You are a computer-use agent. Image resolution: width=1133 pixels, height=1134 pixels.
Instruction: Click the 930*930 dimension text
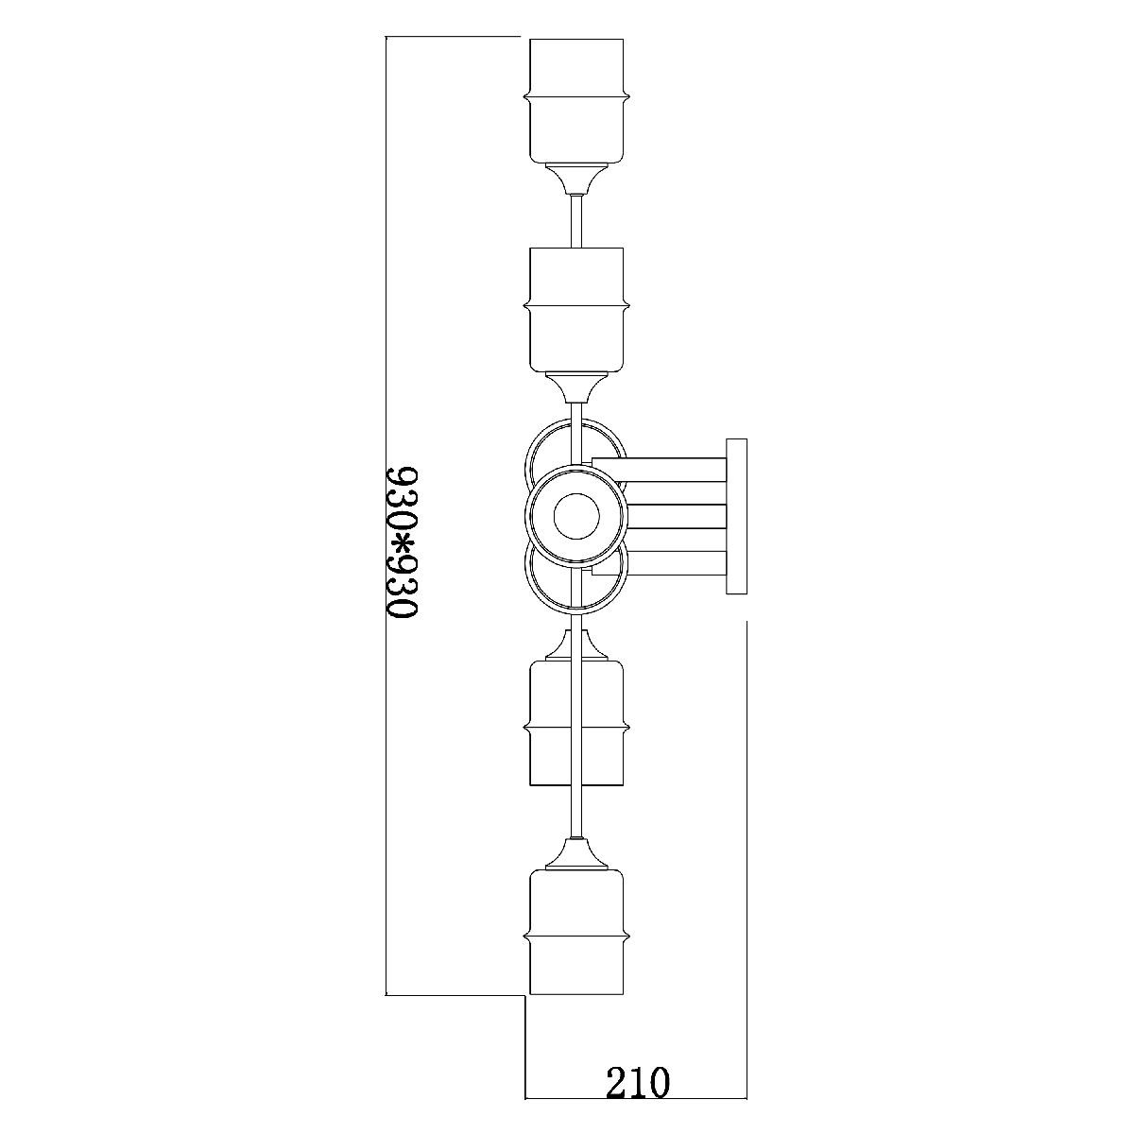click(x=402, y=542)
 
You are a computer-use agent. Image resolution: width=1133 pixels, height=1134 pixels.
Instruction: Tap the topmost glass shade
click(x=576, y=100)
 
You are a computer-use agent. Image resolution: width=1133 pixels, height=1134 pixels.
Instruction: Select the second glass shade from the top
click(x=576, y=310)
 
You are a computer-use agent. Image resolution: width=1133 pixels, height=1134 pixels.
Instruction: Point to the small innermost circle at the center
click(x=576, y=516)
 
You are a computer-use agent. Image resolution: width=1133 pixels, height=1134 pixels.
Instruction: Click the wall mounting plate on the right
click(x=736, y=516)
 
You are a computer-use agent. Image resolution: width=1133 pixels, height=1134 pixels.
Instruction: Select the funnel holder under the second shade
click(x=576, y=388)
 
